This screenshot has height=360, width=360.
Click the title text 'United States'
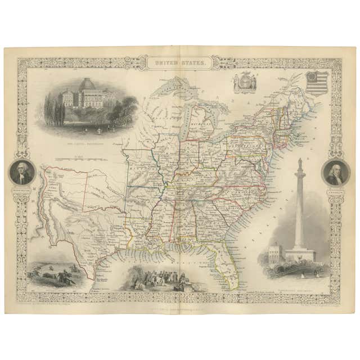(x=179, y=64)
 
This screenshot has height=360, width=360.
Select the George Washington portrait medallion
(x=21, y=172)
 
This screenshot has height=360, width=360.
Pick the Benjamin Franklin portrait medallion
(x=335, y=172)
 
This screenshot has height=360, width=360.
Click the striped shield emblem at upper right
(x=317, y=83)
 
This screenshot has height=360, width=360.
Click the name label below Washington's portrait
(x=21, y=190)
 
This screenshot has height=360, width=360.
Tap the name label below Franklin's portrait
(x=335, y=190)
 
